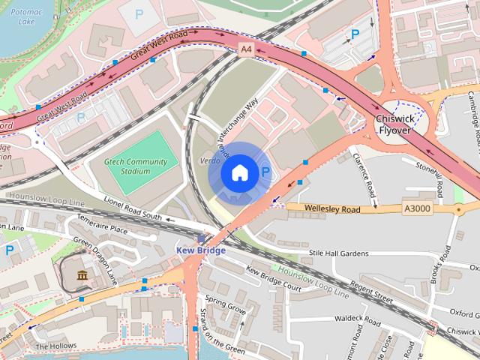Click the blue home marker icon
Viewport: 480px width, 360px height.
tap(238, 173)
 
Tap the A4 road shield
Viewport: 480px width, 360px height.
tap(245, 49)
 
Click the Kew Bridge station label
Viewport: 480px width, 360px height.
tap(200, 250)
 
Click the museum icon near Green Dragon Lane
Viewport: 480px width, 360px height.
tap(81, 277)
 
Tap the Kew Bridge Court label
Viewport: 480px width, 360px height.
tap(273, 279)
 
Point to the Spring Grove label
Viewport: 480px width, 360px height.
tap(226, 307)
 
